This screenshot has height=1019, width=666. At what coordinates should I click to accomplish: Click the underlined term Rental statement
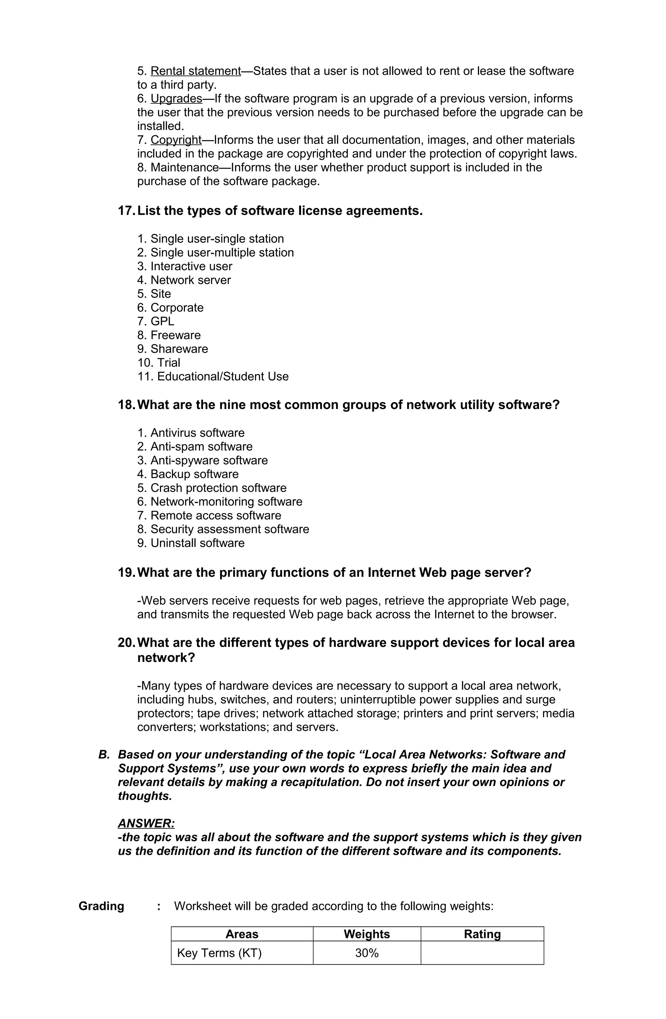(x=196, y=71)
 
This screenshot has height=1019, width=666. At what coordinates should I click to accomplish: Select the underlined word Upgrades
(x=176, y=99)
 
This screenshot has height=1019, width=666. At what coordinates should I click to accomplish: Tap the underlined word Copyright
(x=176, y=140)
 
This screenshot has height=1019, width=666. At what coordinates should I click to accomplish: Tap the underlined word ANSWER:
(x=146, y=823)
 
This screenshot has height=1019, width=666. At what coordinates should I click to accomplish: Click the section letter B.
(x=104, y=755)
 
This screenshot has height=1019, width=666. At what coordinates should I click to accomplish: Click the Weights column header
(x=367, y=934)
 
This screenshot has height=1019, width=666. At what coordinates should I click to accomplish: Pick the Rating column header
(x=482, y=934)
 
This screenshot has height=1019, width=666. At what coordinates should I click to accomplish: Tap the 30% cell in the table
(x=367, y=953)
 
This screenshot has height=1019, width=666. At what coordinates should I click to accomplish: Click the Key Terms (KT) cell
(x=219, y=953)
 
